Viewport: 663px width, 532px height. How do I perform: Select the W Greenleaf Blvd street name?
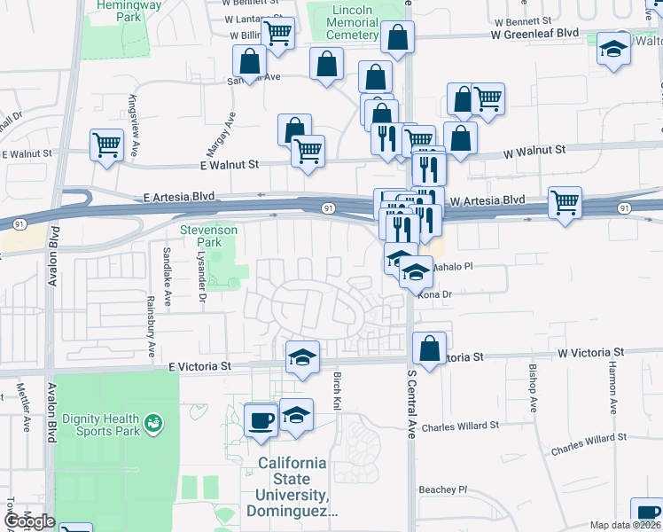click(x=535, y=33)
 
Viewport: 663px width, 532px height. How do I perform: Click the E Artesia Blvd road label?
click(x=186, y=197)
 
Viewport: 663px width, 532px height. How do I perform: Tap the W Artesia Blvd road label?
click(x=487, y=200)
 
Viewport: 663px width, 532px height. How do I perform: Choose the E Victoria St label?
click(x=199, y=365)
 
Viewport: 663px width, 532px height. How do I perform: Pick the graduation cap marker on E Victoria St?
click(x=302, y=357)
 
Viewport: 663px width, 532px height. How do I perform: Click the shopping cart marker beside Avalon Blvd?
click(x=107, y=145)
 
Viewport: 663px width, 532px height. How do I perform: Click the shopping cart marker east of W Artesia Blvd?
click(x=565, y=202)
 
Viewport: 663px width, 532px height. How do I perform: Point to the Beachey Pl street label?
click(x=443, y=489)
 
